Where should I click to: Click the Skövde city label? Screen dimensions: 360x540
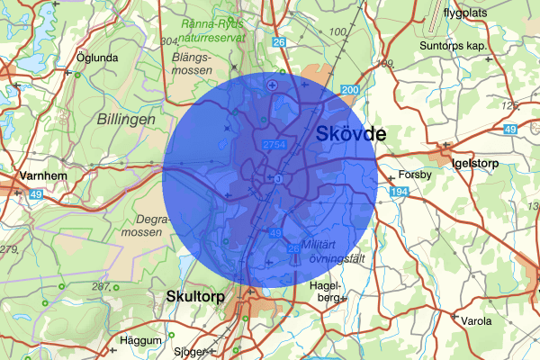coord(352,135)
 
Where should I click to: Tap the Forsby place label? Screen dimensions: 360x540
coord(415,175)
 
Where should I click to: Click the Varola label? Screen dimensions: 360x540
coord(476,320)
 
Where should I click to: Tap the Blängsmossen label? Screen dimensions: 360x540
coord(190,63)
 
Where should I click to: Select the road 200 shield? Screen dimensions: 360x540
coord(350,91)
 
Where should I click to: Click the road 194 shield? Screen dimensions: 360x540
coord(399,193)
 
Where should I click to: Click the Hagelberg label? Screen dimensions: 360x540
coord(326,290)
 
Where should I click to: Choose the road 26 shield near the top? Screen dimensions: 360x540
coord(279,41)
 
